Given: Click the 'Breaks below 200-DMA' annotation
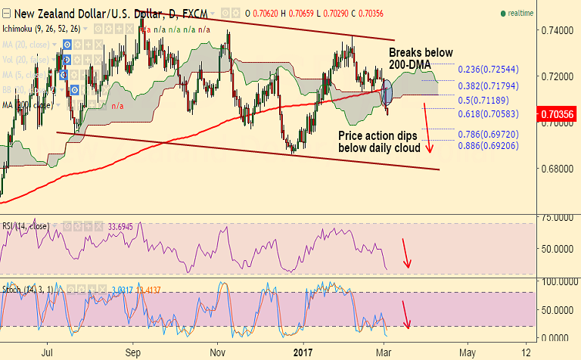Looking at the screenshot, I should point(421,59).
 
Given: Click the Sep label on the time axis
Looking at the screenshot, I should point(133,352).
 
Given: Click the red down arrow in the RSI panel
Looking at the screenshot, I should point(406,253).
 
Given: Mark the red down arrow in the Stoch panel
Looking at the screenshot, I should point(406,314).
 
